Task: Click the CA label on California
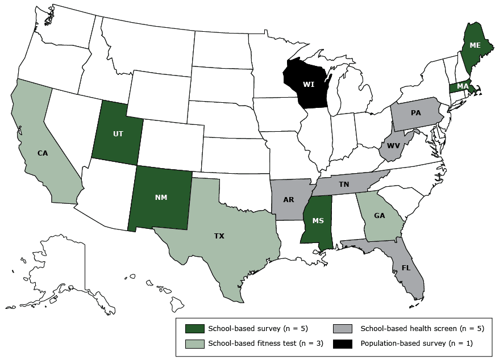(x=42, y=153)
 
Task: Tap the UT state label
(x=118, y=134)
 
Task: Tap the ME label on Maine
(x=475, y=44)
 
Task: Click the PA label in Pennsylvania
(x=415, y=112)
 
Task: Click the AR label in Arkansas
(x=289, y=200)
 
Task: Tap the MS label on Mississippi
(x=318, y=220)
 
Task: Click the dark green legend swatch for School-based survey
(x=195, y=328)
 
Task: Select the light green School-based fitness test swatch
(x=195, y=342)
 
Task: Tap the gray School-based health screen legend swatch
(x=343, y=328)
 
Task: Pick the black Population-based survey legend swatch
(x=343, y=342)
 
